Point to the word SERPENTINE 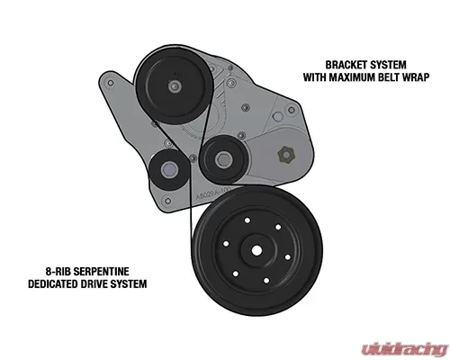(101, 272)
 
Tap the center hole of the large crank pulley (256, 250)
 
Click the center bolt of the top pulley (175, 86)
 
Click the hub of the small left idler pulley (168, 171)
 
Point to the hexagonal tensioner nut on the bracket (286, 155)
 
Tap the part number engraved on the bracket (212, 193)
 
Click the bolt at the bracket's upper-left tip (111, 83)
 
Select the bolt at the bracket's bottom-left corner (168, 201)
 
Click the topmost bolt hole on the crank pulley (247, 220)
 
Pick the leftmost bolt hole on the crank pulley (226, 244)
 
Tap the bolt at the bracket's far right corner (292, 110)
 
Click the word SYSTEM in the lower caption (129, 283)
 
